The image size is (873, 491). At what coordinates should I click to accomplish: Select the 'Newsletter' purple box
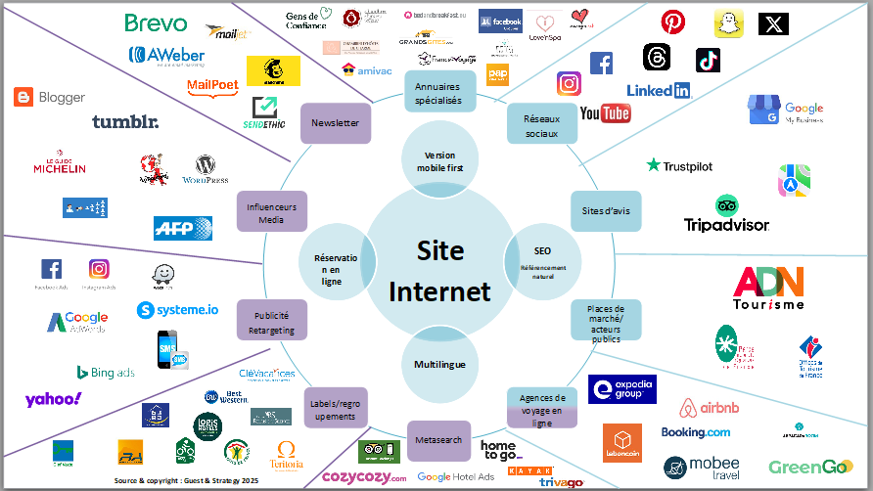335,123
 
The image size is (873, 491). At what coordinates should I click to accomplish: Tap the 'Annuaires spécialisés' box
437,92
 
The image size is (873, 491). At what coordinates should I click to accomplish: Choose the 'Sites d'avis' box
605,210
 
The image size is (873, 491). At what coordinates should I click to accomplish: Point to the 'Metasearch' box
438,439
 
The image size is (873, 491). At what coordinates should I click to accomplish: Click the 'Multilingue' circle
439,365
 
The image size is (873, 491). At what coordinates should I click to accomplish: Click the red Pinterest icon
672,22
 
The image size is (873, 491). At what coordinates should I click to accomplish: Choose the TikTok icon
708,60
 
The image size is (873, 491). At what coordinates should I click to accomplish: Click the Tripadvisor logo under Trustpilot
726,215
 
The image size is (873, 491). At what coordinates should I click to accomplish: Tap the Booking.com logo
696,431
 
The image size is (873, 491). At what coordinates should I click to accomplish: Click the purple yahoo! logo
53,398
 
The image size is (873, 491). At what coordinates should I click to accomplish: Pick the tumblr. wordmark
125,122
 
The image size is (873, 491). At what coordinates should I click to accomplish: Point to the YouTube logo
605,114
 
